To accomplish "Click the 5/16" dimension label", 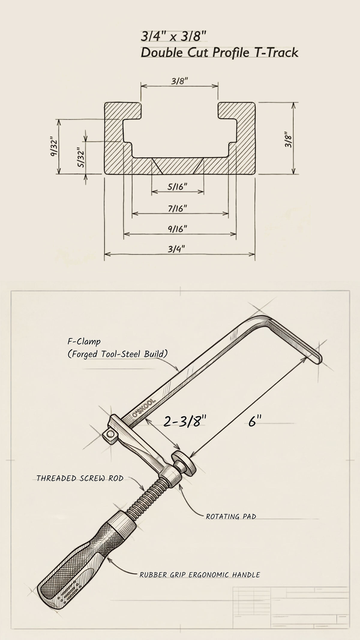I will (177, 186).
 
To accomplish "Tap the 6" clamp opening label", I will (253, 422).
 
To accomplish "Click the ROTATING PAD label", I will (231, 516).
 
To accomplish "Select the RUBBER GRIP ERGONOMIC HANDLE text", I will (200, 575).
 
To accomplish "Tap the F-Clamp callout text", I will (83, 341).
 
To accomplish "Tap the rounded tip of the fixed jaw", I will (318, 359).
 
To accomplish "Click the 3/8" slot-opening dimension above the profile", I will (179, 82).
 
